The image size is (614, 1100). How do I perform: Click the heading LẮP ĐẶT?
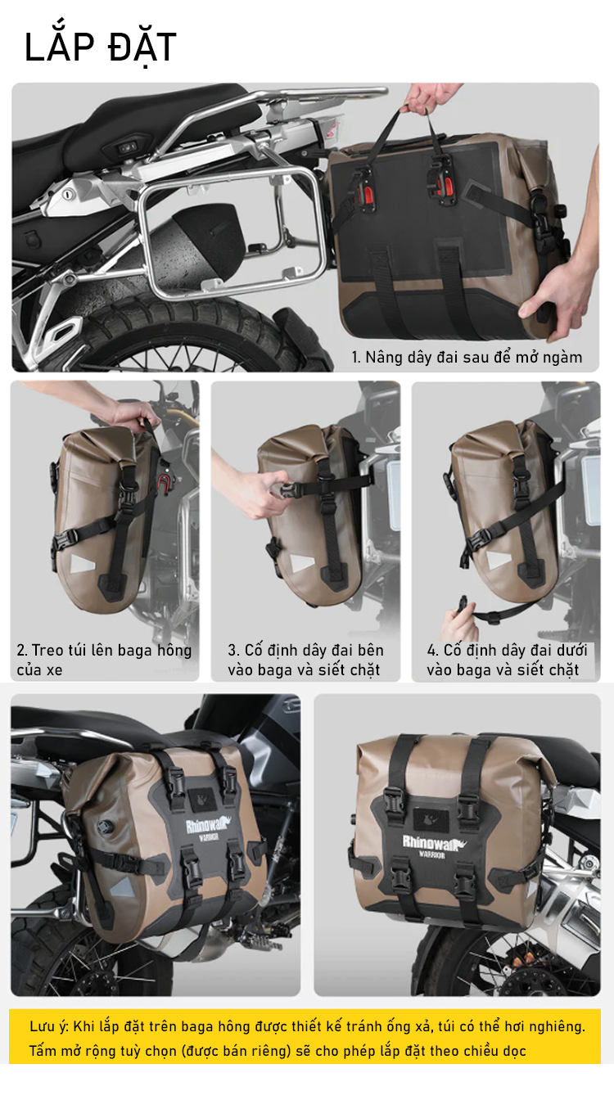point(100,47)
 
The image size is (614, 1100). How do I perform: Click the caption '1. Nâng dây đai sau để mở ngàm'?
point(467,357)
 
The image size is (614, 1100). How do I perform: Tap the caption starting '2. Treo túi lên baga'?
point(104,660)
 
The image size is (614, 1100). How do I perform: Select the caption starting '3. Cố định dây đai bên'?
point(305,660)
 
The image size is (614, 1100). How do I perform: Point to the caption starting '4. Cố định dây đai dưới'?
point(507,660)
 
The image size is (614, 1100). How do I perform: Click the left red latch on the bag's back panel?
point(368,189)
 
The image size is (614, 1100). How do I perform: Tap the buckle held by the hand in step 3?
point(288,490)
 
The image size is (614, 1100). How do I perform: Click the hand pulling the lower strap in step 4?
point(459,620)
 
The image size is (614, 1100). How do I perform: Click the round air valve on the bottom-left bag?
point(105,827)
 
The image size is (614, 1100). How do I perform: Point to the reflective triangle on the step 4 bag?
point(498,559)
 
